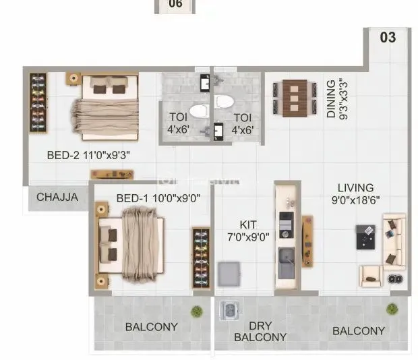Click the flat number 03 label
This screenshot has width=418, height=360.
click(x=388, y=37)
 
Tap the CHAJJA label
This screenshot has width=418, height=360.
click(x=57, y=198)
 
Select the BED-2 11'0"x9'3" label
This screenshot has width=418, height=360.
click(x=88, y=155)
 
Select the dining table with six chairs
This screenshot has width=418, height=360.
click(x=294, y=99)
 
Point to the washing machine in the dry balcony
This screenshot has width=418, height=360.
click(x=229, y=311)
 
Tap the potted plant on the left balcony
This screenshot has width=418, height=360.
click(x=196, y=311)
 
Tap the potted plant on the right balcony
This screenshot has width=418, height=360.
click(x=392, y=309)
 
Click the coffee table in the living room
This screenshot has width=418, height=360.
click(x=366, y=237)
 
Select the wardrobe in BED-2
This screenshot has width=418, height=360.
click(x=38, y=102)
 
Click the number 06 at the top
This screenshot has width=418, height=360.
click(x=175, y=3)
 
